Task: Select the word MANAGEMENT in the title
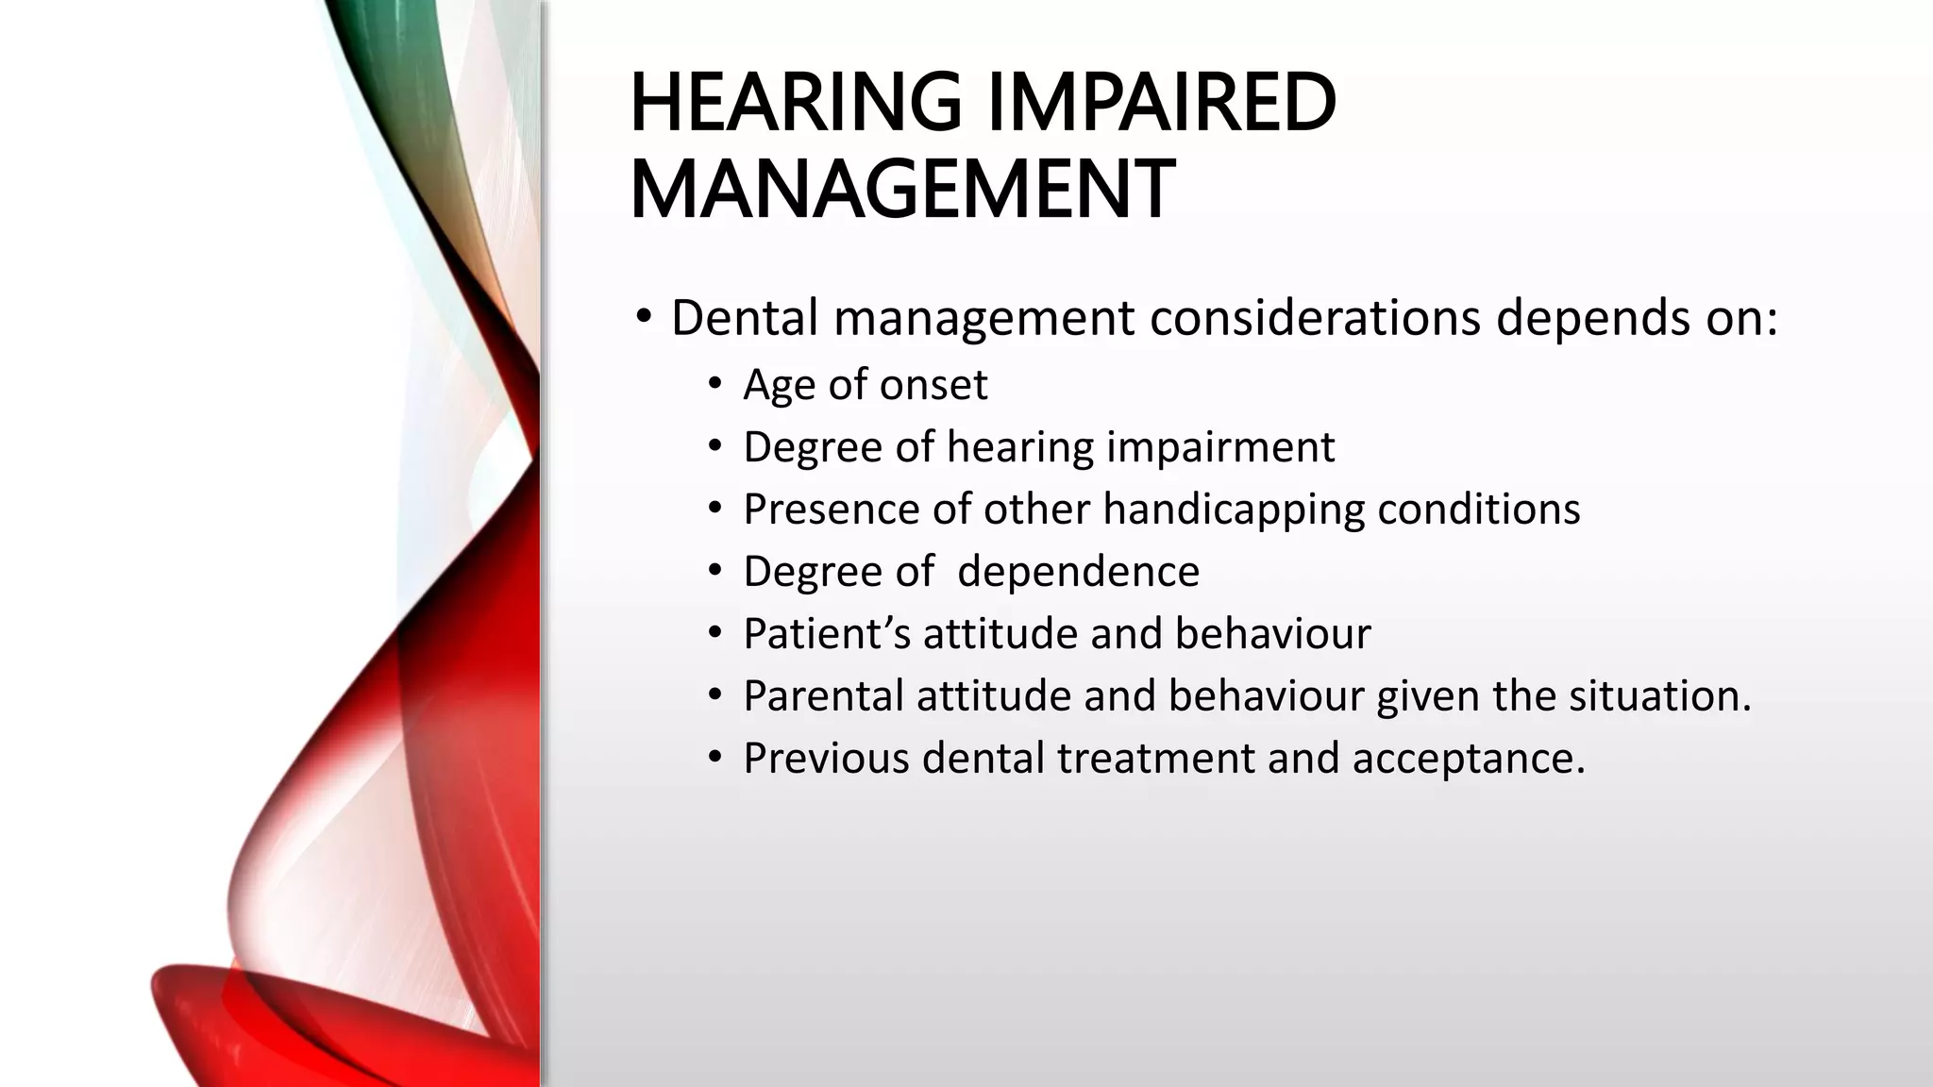(x=901, y=190)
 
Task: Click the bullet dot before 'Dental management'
(x=643, y=318)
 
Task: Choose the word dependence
(x=1079, y=572)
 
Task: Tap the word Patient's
(x=827, y=634)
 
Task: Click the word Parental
(x=823, y=696)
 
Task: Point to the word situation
(x=1658, y=696)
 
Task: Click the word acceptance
(x=1468, y=759)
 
